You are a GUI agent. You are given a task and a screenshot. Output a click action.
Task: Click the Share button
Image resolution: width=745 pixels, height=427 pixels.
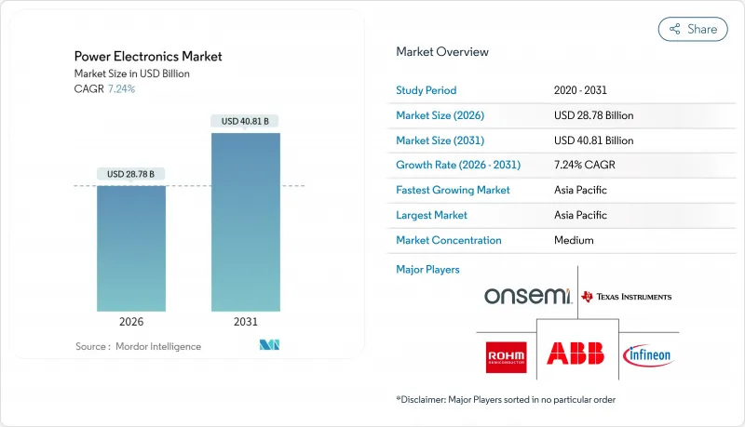click(x=693, y=29)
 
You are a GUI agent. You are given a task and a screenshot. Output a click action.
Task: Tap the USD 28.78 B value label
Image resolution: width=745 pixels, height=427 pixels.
click(x=130, y=174)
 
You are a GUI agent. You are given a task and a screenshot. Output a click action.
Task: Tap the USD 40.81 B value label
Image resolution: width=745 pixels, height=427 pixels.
click(x=245, y=121)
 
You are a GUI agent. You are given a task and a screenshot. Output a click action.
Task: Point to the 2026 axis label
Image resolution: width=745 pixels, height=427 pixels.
click(x=130, y=322)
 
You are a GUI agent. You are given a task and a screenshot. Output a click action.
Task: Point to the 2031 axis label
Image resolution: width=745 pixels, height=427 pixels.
click(x=245, y=322)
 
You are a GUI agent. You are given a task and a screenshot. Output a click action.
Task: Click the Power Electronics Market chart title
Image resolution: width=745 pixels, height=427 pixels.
click(x=149, y=57)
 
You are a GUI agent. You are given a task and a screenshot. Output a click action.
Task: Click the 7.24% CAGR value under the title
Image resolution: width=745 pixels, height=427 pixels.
click(x=122, y=89)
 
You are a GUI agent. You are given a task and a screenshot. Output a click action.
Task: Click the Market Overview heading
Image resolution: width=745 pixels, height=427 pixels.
click(x=441, y=52)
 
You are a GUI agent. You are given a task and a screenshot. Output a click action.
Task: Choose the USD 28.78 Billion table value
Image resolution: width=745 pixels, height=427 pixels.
click(x=593, y=115)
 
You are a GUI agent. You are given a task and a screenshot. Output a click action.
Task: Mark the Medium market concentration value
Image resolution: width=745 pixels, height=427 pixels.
click(x=574, y=240)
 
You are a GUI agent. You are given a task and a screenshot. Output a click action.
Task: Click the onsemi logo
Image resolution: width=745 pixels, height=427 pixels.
click(x=527, y=296)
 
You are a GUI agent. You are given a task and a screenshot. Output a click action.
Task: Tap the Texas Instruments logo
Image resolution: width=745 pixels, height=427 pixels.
click(x=626, y=297)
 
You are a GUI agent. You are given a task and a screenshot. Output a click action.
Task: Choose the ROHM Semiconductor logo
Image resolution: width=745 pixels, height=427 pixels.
click(x=507, y=354)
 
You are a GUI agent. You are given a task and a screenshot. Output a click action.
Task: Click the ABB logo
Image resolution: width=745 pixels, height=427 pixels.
click(x=575, y=354)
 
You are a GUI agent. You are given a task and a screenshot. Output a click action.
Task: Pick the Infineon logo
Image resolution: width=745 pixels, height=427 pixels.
click(x=646, y=354)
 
